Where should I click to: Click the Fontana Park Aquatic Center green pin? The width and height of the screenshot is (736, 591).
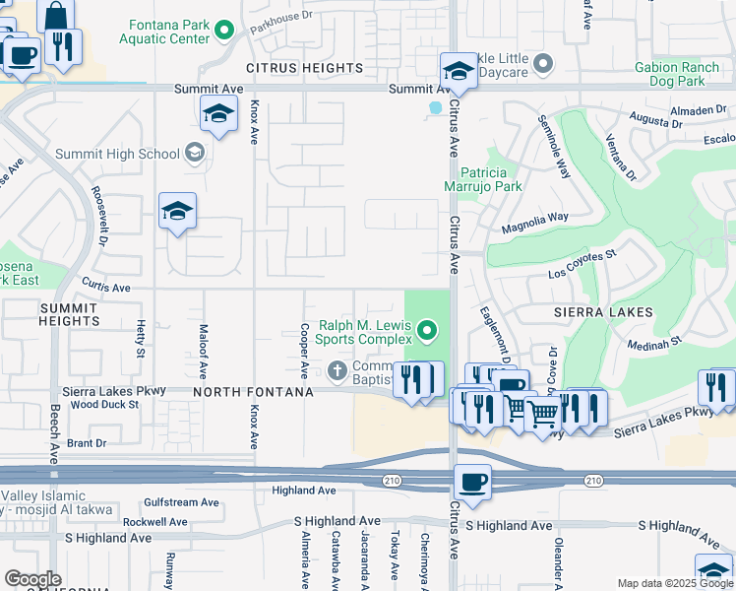click(225, 31)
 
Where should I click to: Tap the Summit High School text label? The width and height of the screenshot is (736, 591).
click(117, 154)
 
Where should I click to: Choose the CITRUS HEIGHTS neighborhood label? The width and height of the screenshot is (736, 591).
click(304, 68)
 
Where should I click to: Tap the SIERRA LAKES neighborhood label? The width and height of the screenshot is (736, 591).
click(603, 311)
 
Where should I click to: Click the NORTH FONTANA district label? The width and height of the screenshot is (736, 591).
click(253, 392)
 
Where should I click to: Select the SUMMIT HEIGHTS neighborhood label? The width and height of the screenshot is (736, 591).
click(68, 314)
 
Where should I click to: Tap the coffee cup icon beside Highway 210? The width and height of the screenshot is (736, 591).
click(472, 482)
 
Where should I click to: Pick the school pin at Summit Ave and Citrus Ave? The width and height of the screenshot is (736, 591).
click(458, 71)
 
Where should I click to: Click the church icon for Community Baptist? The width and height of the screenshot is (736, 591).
click(337, 370)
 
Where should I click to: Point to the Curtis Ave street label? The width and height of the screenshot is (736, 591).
click(106, 288)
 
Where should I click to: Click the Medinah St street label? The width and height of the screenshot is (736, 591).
click(656, 343)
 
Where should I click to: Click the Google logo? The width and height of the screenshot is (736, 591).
click(32, 579)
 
